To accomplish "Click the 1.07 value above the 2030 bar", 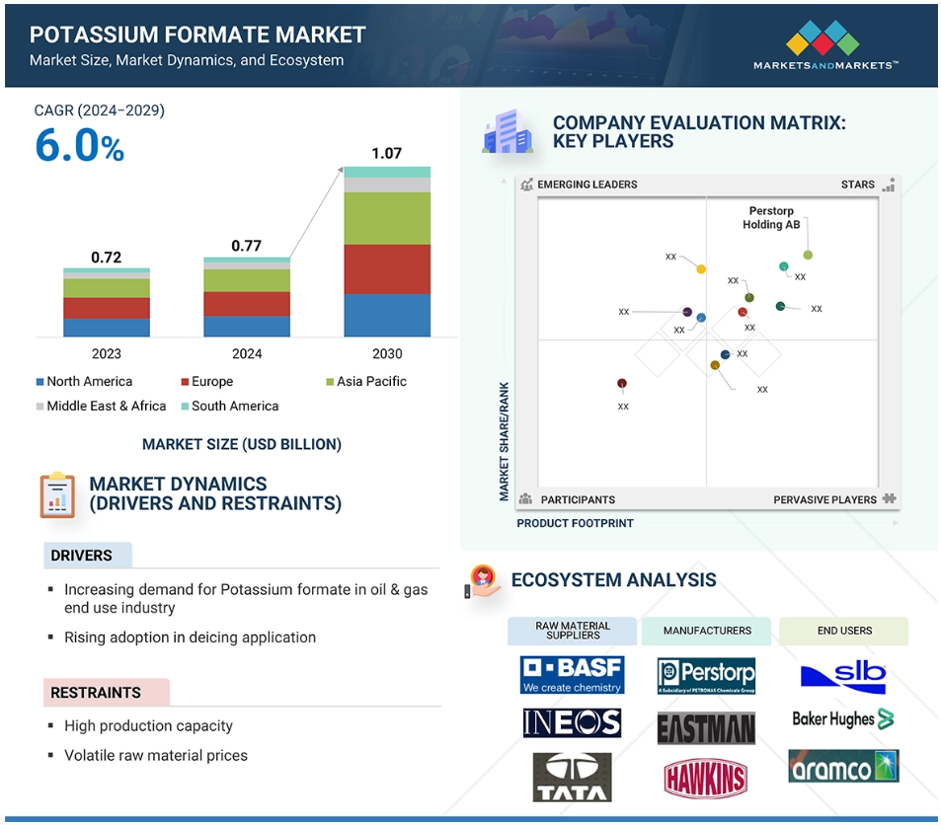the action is pos(386,154).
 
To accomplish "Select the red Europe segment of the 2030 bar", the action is pos(387,269).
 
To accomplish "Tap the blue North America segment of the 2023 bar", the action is pos(107,328).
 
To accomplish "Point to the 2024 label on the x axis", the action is pos(247,354).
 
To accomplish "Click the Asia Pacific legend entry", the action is pos(366,382).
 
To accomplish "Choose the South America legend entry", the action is pos(230,407).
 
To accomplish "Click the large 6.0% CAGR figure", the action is pos(80,146).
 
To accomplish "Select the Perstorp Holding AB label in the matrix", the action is pos(771,218).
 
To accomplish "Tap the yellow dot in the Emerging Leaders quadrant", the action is pos(701,269).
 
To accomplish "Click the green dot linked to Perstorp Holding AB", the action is pos(808,255).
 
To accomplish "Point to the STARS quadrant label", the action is pos(858,185).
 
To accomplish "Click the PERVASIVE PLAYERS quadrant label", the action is pos(824,499).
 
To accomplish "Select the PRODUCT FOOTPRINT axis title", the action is pos(575,523).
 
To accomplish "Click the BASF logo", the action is pos(572,675).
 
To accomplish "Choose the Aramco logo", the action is pos(843,766).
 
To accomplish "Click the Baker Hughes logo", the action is pos(843,718).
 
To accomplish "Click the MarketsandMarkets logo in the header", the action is pos(825,45).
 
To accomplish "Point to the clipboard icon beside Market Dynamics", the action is pos(57,495).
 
